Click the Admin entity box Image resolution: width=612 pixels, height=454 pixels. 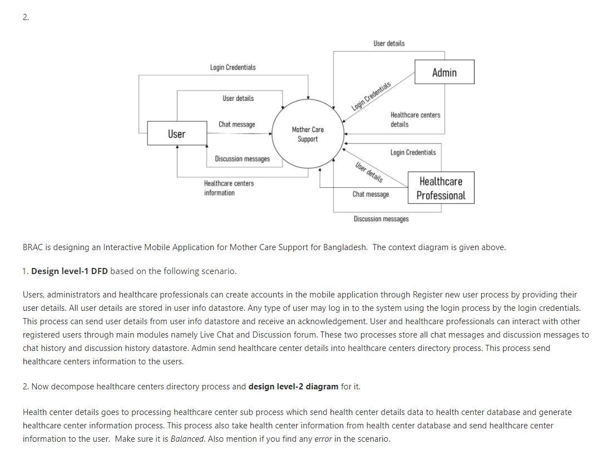(x=445, y=72)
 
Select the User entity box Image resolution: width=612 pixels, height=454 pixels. (x=176, y=134)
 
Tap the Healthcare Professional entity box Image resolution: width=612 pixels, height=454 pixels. (x=441, y=188)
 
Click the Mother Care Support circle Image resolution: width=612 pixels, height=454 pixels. (x=308, y=134)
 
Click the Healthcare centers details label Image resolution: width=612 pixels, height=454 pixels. (x=415, y=120)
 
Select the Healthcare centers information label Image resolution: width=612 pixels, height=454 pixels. (x=229, y=188)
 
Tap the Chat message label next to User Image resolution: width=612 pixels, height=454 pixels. (x=237, y=124)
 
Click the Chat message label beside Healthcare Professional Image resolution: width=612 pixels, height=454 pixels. (x=371, y=194)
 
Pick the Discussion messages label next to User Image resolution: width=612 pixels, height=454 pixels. (x=242, y=159)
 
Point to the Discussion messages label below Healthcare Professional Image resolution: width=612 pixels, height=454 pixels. (x=381, y=219)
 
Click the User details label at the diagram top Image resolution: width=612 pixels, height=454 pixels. (x=389, y=43)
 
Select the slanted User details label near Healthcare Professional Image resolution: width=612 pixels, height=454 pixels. (x=369, y=172)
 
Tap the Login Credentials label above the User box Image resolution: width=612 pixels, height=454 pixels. (x=233, y=67)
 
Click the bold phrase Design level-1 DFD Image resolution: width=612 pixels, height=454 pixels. (x=70, y=271)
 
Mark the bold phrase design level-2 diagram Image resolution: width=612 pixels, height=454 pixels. (x=293, y=387)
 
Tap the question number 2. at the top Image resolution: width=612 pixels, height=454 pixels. (x=26, y=17)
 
